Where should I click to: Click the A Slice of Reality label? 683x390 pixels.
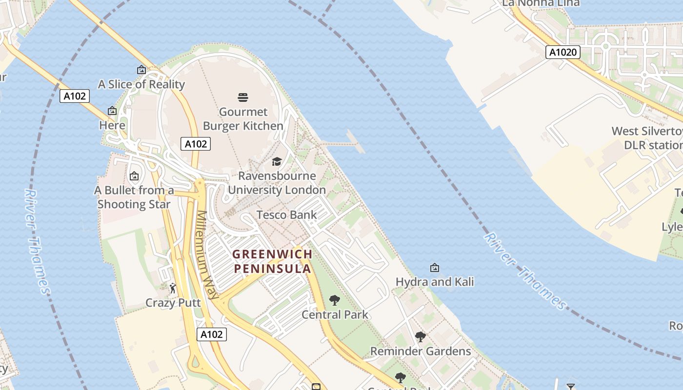point(141,84)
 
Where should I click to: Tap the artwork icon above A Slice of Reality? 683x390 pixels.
point(141,70)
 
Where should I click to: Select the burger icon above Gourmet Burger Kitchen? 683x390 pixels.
point(243,97)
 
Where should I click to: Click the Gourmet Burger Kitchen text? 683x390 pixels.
point(243,119)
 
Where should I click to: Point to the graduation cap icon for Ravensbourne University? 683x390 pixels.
point(277,162)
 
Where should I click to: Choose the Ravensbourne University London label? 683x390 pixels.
point(277,183)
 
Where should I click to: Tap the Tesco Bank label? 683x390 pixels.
point(286,215)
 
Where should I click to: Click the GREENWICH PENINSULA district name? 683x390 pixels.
point(272,261)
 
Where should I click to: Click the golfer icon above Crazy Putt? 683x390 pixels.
point(173,289)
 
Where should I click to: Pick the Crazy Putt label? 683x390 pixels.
point(173,303)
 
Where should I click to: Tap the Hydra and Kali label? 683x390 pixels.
point(434,282)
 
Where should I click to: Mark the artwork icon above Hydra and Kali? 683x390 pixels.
point(434,268)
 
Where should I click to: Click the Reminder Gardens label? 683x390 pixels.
point(421,351)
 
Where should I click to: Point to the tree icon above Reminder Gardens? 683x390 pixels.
point(420,337)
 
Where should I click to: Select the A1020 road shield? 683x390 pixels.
point(562,52)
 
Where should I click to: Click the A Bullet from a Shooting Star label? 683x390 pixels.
point(134,197)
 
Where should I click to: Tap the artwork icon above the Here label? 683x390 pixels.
point(112,111)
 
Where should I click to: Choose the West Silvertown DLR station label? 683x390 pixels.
point(647,138)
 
